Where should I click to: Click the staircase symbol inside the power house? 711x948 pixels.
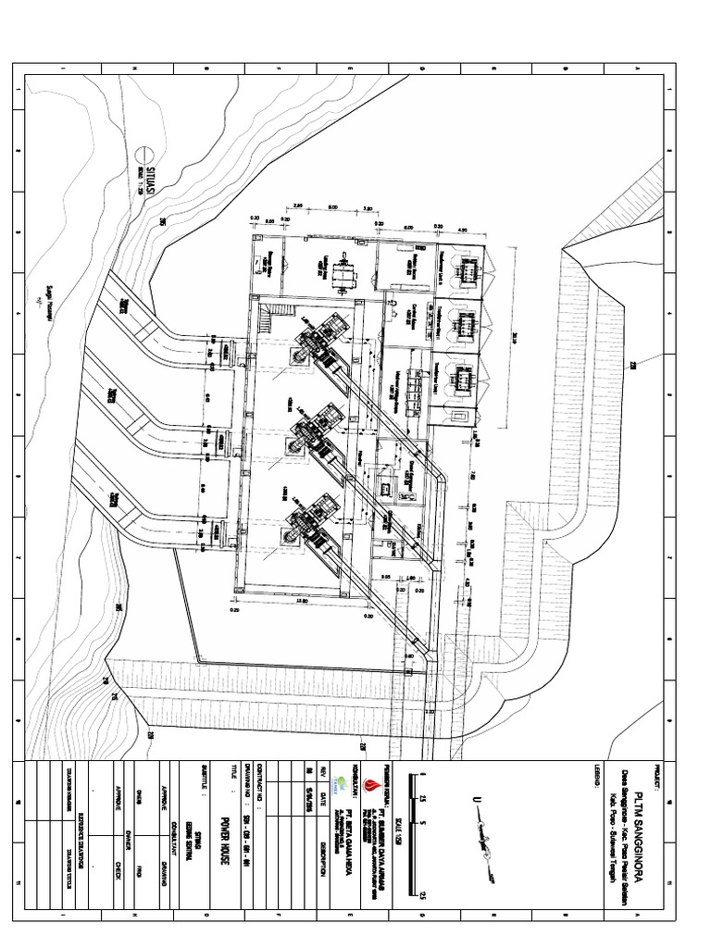click(265, 319)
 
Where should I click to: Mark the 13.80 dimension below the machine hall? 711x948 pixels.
click(300, 602)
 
